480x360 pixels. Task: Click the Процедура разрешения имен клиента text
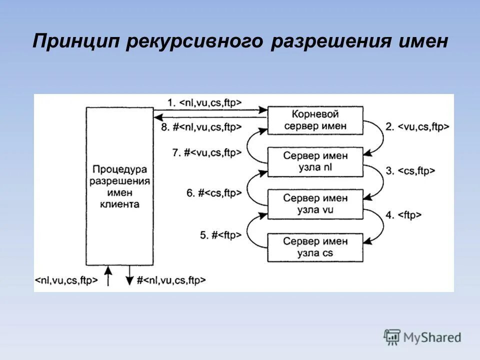[x=119, y=186]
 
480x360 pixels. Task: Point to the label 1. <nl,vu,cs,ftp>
[x=204, y=102]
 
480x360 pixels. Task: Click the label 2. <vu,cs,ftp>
[x=417, y=127]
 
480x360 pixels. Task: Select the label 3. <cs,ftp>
[x=410, y=171]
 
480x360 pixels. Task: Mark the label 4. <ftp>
[x=403, y=215]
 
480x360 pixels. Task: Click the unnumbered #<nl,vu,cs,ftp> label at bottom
[x=171, y=281]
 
